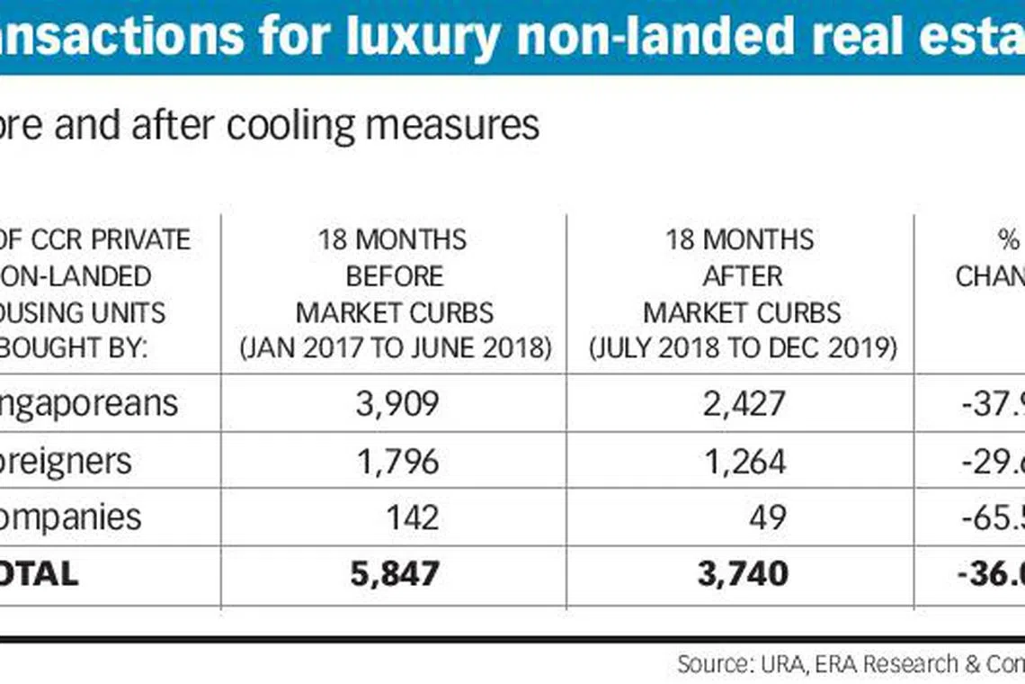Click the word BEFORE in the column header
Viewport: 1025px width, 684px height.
click(395, 275)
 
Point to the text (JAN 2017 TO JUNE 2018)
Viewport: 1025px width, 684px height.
click(395, 348)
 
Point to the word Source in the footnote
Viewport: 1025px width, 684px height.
click(714, 664)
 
